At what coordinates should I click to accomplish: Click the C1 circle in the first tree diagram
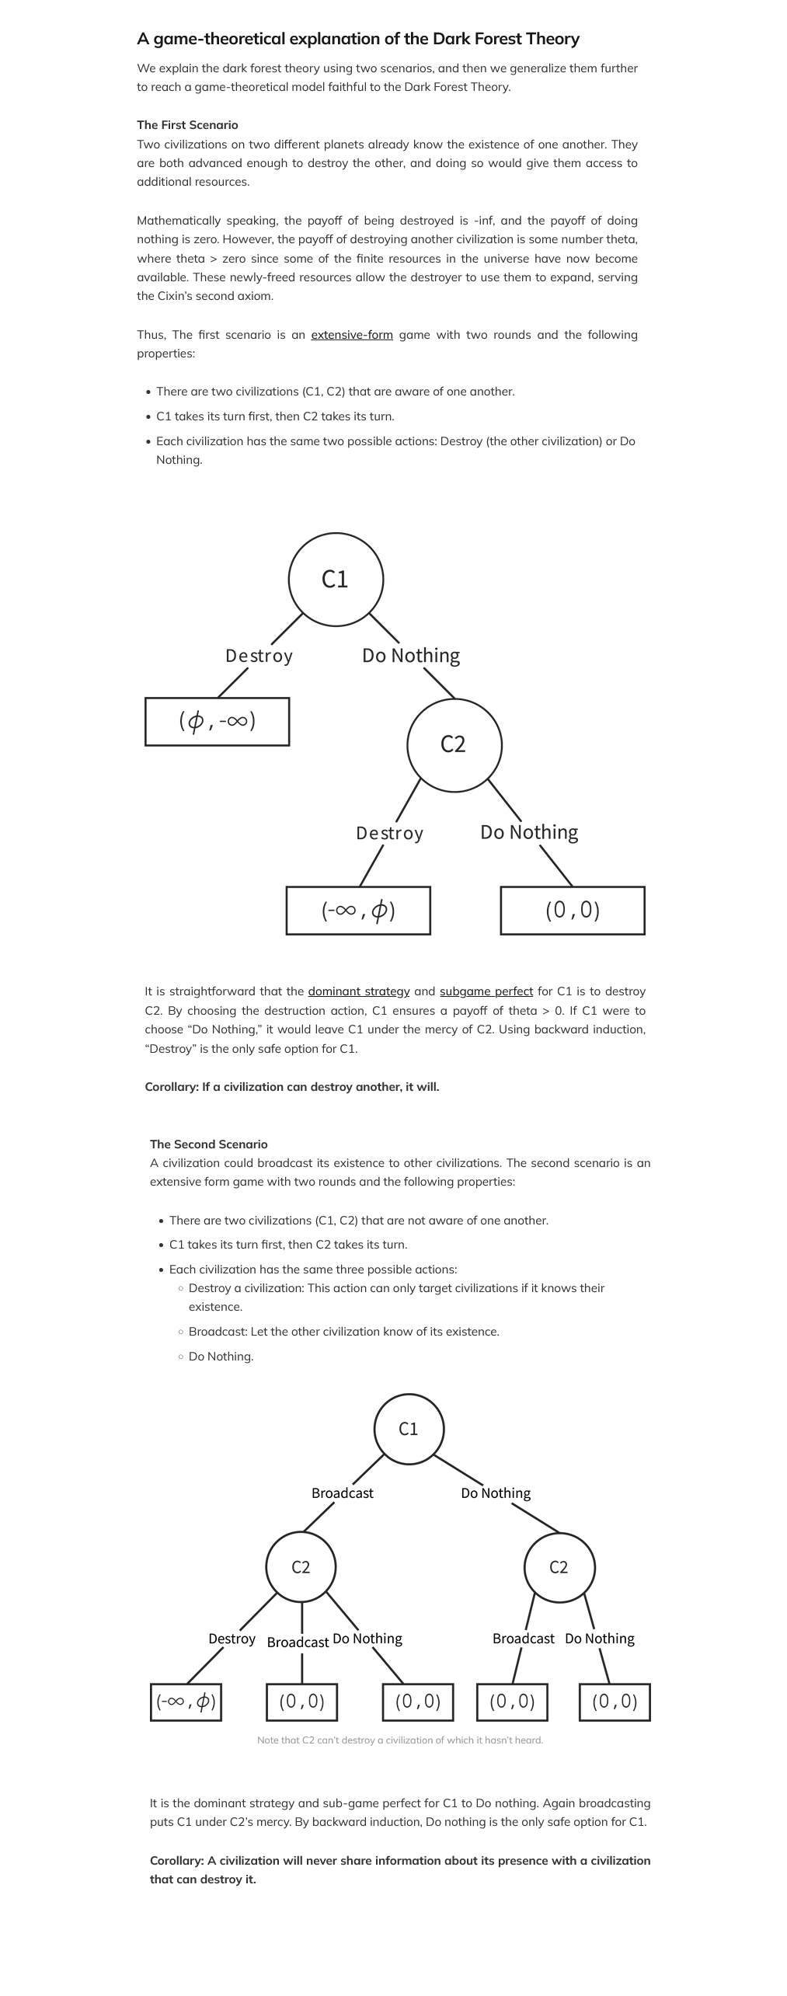pos(336,580)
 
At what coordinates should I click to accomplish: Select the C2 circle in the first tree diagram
pos(454,744)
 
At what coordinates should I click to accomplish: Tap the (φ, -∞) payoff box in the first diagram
pos(218,722)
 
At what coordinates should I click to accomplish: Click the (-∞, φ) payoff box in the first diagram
pos(358,910)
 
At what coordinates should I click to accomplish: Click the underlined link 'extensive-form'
pos(352,335)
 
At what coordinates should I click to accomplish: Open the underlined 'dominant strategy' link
pos(359,991)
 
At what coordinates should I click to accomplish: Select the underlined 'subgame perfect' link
pos(486,991)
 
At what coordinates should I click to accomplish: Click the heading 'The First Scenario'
pos(187,125)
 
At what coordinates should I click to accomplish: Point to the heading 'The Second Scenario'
pos(208,1144)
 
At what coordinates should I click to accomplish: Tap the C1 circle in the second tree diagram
pos(409,1429)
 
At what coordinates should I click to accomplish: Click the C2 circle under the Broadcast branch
pos(301,1567)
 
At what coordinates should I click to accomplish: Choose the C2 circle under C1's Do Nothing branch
pos(559,1567)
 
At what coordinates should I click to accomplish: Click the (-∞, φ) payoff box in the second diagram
pos(186,1702)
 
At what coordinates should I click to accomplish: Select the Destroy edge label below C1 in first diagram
pos(259,656)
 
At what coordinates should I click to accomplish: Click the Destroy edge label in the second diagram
pos(232,1639)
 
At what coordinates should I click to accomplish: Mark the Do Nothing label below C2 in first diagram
pos(529,832)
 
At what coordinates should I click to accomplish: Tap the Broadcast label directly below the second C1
pos(342,1493)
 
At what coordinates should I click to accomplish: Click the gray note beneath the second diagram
pos(400,1740)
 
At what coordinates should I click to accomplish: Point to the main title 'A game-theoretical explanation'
pos(358,39)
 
